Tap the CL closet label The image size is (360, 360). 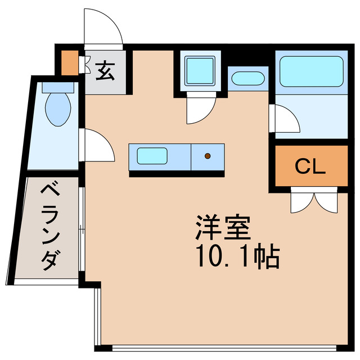click(310, 166)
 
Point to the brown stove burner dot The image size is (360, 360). click(208, 155)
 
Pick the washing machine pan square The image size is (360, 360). click(200, 70)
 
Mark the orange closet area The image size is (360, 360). click(310, 166)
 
